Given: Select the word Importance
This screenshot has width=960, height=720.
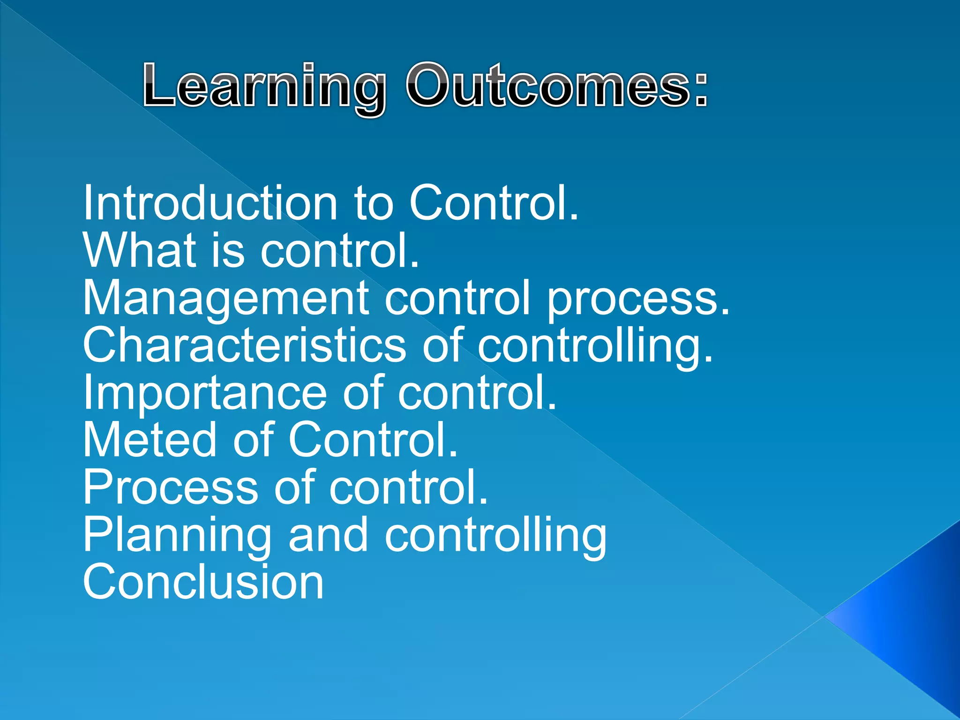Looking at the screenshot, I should (204, 394).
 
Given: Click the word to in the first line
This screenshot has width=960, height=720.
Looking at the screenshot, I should (373, 203).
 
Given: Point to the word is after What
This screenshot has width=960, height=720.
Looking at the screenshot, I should (228, 250).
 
